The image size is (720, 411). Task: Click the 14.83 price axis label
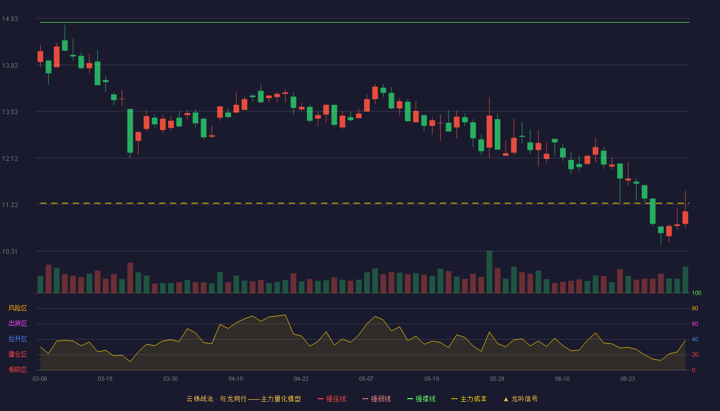10,19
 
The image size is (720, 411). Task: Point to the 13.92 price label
10,66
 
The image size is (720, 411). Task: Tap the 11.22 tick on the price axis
10,205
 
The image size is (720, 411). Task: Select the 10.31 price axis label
10,251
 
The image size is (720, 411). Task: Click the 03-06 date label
40,379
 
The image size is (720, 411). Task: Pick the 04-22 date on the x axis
301,379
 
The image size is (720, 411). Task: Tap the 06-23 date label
627,379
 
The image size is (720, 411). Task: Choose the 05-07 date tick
366,379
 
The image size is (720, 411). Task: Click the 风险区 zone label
17,308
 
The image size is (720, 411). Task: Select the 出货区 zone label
17,323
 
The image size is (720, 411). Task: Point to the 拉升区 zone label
17,339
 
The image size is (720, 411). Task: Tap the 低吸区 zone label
17,369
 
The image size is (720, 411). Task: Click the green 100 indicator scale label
696,293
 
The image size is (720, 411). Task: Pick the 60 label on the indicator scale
695,324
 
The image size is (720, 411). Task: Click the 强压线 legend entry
332,399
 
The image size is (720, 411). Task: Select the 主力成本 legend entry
469,399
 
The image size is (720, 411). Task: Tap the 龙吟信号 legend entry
520,399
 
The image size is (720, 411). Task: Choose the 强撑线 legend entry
421,399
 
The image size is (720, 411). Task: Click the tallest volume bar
489,272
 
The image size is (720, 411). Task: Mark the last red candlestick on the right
685,217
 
